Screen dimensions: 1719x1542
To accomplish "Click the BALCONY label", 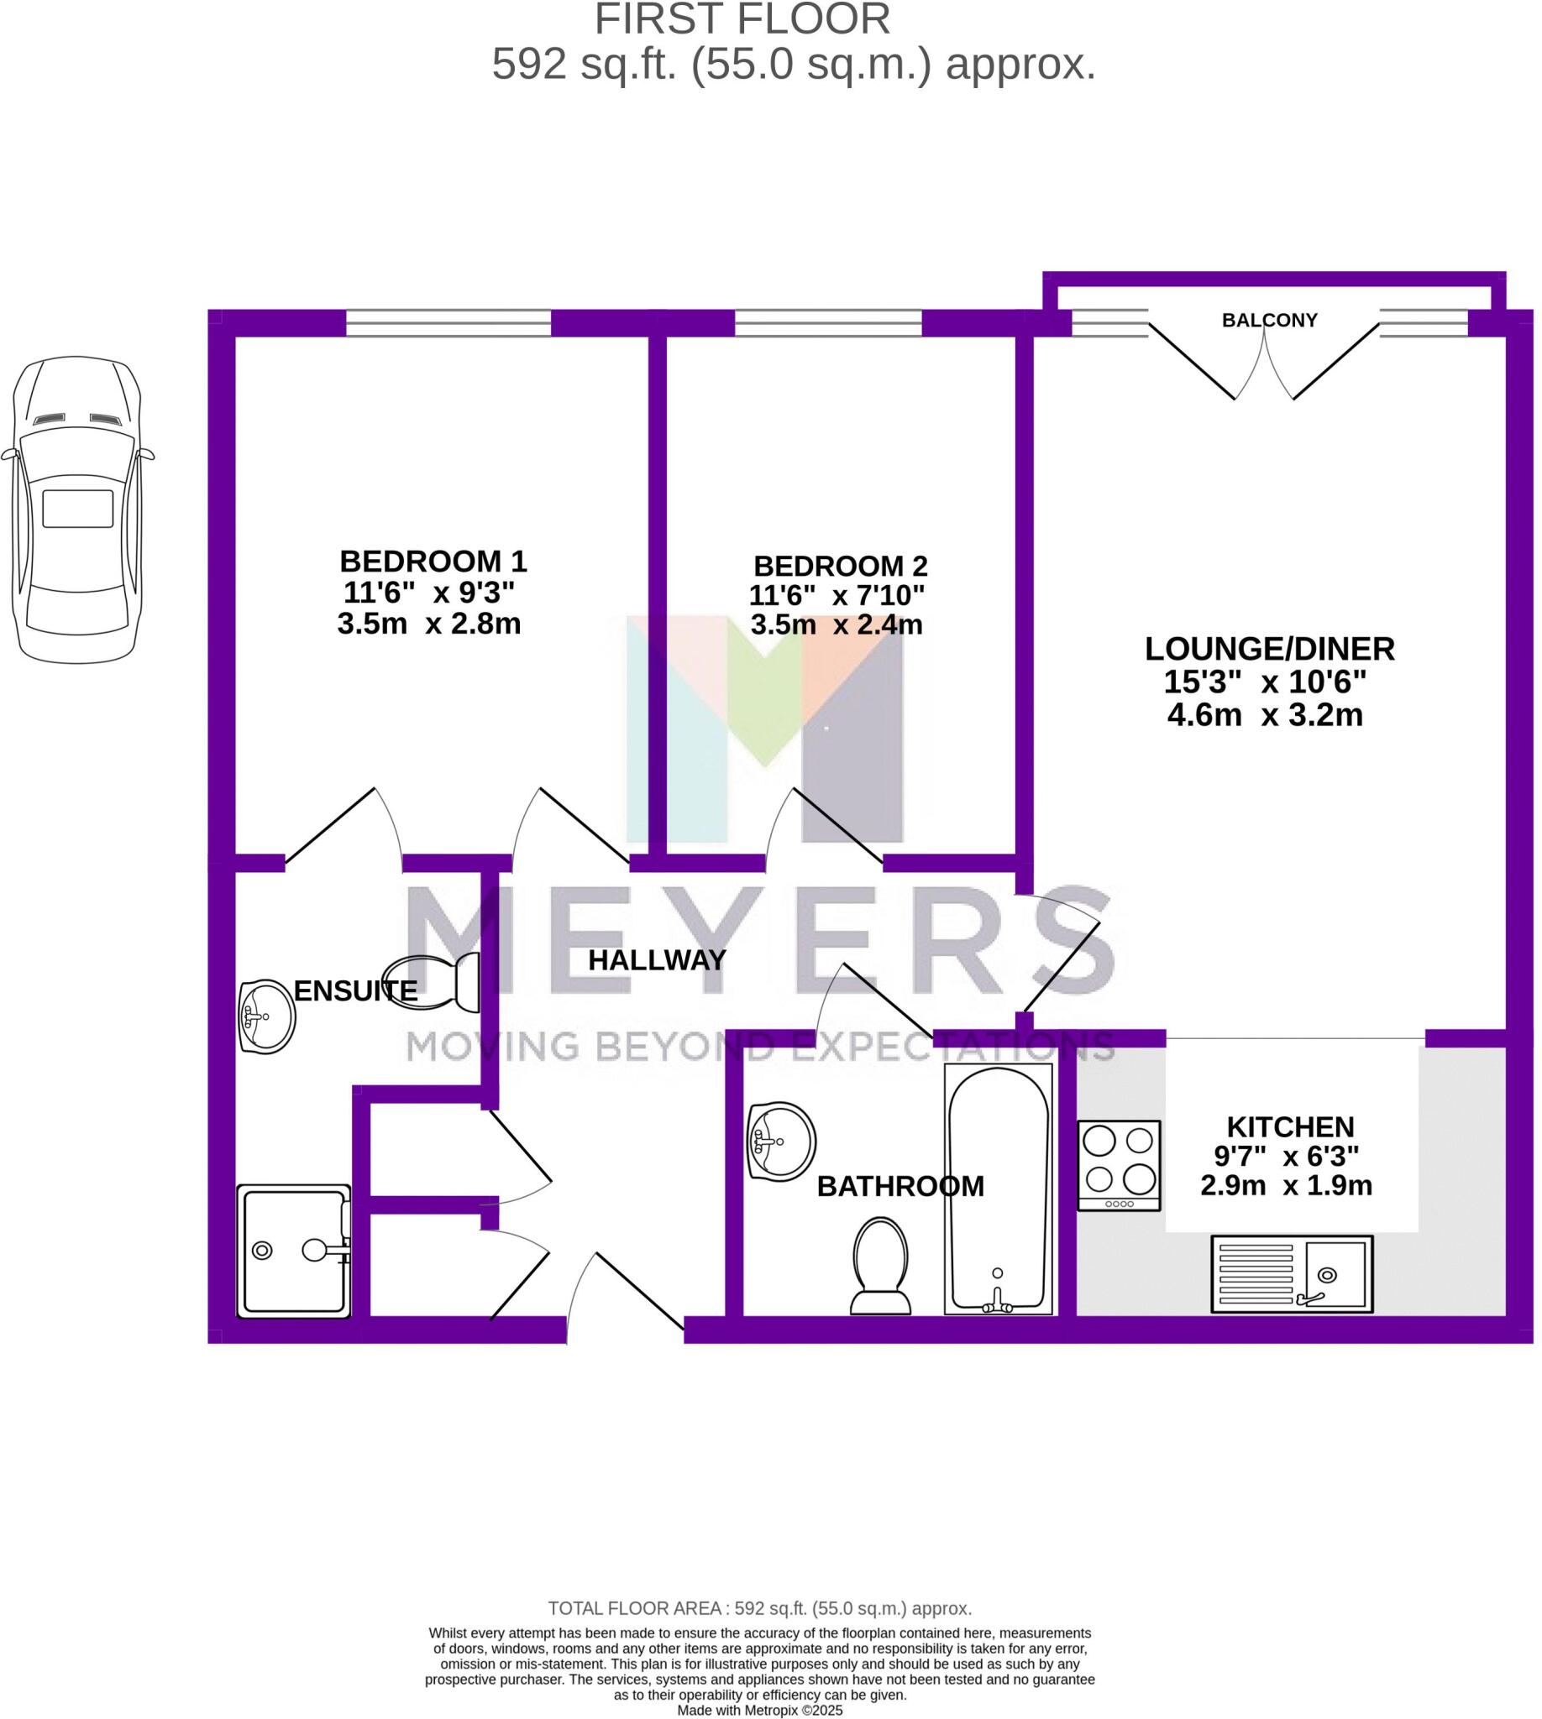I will [1268, 320].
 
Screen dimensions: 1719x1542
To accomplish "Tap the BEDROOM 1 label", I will [433, 562].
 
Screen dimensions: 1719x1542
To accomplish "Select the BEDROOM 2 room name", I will [840, 566].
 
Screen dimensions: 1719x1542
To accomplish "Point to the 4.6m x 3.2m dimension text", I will [1264, 715].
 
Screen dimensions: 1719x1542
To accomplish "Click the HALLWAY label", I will [657, 960].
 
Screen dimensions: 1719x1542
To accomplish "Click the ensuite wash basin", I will [267, 1016].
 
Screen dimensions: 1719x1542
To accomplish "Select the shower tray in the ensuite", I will [293, 1251].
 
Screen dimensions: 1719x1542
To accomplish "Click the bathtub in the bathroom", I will [997, 1189].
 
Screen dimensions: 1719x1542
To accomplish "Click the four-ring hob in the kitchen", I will [1119, 1165].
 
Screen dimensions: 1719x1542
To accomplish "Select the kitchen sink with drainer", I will [1291, 1273].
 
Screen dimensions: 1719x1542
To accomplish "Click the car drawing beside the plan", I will [77, 508].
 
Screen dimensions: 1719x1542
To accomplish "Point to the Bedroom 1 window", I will [448, 323].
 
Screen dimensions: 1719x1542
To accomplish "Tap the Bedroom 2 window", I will [828, 323].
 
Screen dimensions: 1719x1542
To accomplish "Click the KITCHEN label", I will [1289, 1127].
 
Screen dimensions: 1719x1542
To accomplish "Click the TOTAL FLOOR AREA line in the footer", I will [759, 1608].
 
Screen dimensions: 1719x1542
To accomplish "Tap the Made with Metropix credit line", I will [759, 1711].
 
